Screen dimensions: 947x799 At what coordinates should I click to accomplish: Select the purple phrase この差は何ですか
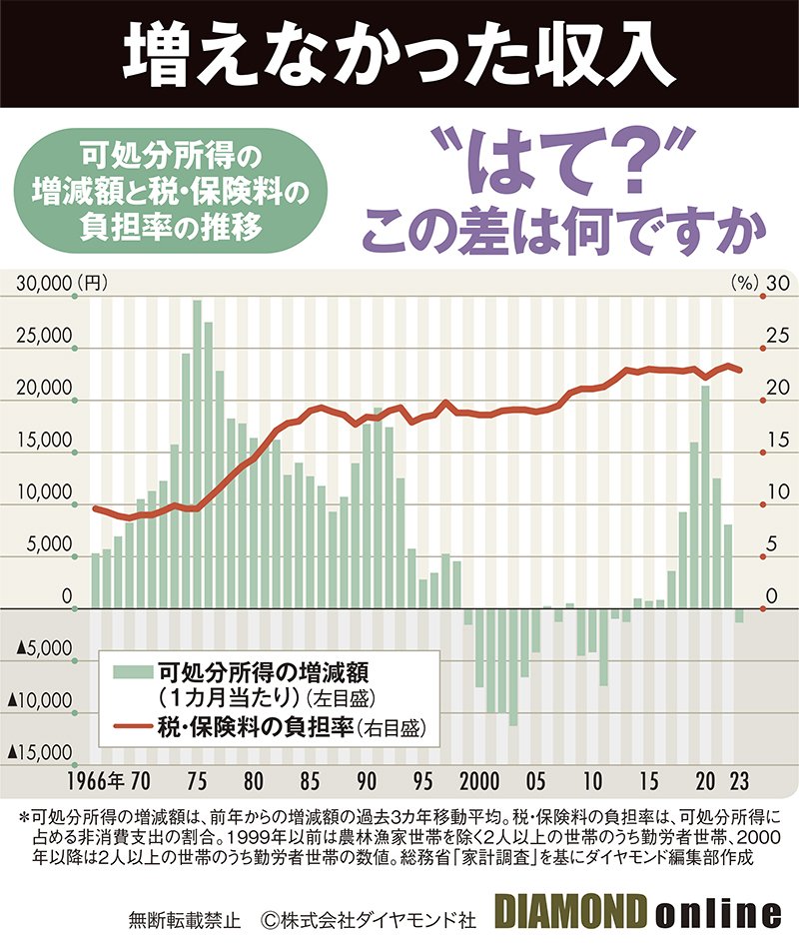(559, 236)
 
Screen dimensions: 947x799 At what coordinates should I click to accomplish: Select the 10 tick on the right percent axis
(769, 492)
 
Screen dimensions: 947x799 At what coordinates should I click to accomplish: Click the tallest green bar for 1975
(197, 450)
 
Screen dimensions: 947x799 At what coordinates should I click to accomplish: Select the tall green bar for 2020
(705, 494)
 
